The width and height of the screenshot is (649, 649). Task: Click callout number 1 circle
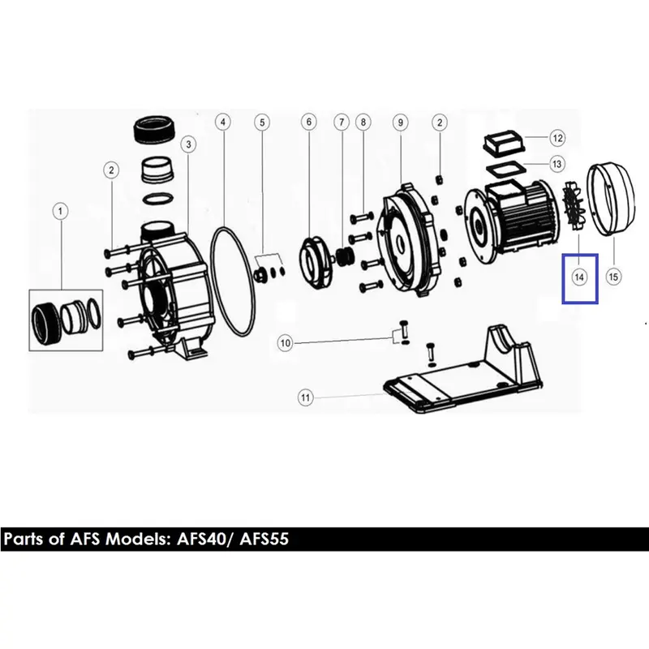click(x=60, y=211)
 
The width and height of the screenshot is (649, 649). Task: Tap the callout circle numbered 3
click(x=189, y=144)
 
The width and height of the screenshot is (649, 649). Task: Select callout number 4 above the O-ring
click(x=223, y=122)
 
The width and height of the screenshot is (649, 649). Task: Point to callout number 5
click(x=262, y=122)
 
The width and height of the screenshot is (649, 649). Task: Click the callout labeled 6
click(x=309, y=122)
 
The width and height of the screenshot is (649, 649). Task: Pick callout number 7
click(x=342, y=122)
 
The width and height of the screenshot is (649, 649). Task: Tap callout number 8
click(x=363, y=122)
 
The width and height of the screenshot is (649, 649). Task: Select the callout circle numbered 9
click(x=400, y=122)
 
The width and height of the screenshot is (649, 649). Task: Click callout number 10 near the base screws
click(x=286, y=343)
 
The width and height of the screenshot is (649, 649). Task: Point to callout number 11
click(x=305, y=398)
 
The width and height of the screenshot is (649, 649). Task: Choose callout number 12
click(x=557, y=138)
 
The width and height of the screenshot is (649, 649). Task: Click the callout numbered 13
click(x=557, y=164)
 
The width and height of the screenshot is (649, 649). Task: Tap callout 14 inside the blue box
click(x=579, y=277)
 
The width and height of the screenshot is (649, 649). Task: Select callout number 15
click(x=613, y=277)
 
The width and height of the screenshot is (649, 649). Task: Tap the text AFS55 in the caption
click(x=264, y=539)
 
